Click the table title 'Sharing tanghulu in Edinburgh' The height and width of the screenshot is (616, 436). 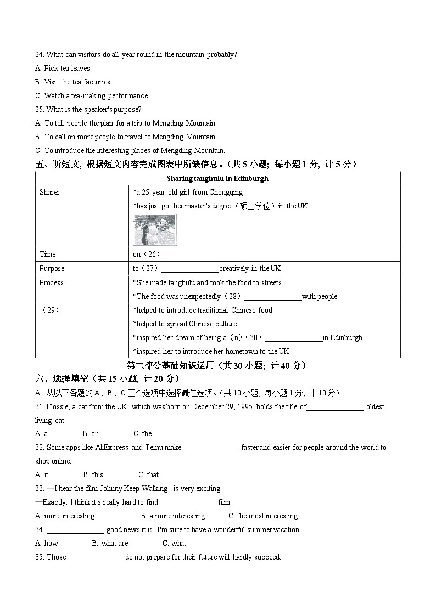[x=217, y=178]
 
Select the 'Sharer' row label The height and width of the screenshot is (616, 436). [x=49, y=193]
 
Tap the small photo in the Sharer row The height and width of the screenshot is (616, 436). [x=154, y=230]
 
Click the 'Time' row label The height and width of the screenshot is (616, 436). [x=48, y=255]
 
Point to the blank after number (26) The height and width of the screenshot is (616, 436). [x=192, y=255]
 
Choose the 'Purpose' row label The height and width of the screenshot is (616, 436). [x=52, y=269]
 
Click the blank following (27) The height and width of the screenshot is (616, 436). [x=190, y=269]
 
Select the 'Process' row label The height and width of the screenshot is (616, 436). [x=51, y=283]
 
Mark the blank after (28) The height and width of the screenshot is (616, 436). [x=273, y=297]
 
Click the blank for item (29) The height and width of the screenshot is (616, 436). [x=91, y=310]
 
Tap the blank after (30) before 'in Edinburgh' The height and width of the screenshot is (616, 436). [x=293, y=338]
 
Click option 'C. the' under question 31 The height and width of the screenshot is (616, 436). [x=143, y=434]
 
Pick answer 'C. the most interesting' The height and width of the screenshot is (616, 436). [x=263, y=516]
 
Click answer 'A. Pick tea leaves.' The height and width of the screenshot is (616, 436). [x=63, y=69]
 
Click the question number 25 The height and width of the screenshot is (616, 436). [x=39, y=110]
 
